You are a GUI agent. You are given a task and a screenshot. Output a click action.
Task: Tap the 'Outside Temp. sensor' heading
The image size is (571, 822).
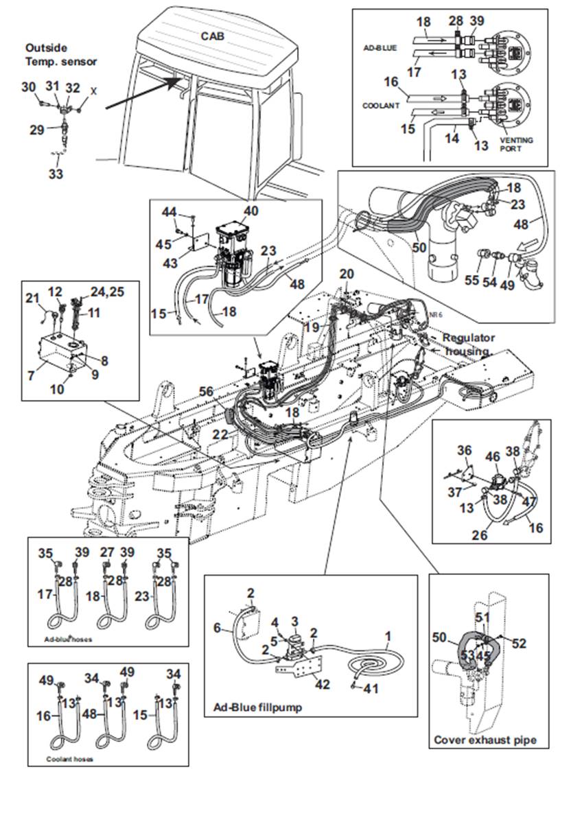pos(61,55)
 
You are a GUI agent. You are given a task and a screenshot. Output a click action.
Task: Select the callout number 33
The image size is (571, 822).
pos(56,174)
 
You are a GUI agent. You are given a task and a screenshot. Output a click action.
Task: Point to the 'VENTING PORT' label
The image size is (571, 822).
pos(516,144)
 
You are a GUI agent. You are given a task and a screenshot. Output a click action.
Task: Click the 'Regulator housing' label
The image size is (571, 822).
pos(468,344)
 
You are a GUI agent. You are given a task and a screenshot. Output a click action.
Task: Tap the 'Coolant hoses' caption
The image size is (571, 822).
pos(69,759)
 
